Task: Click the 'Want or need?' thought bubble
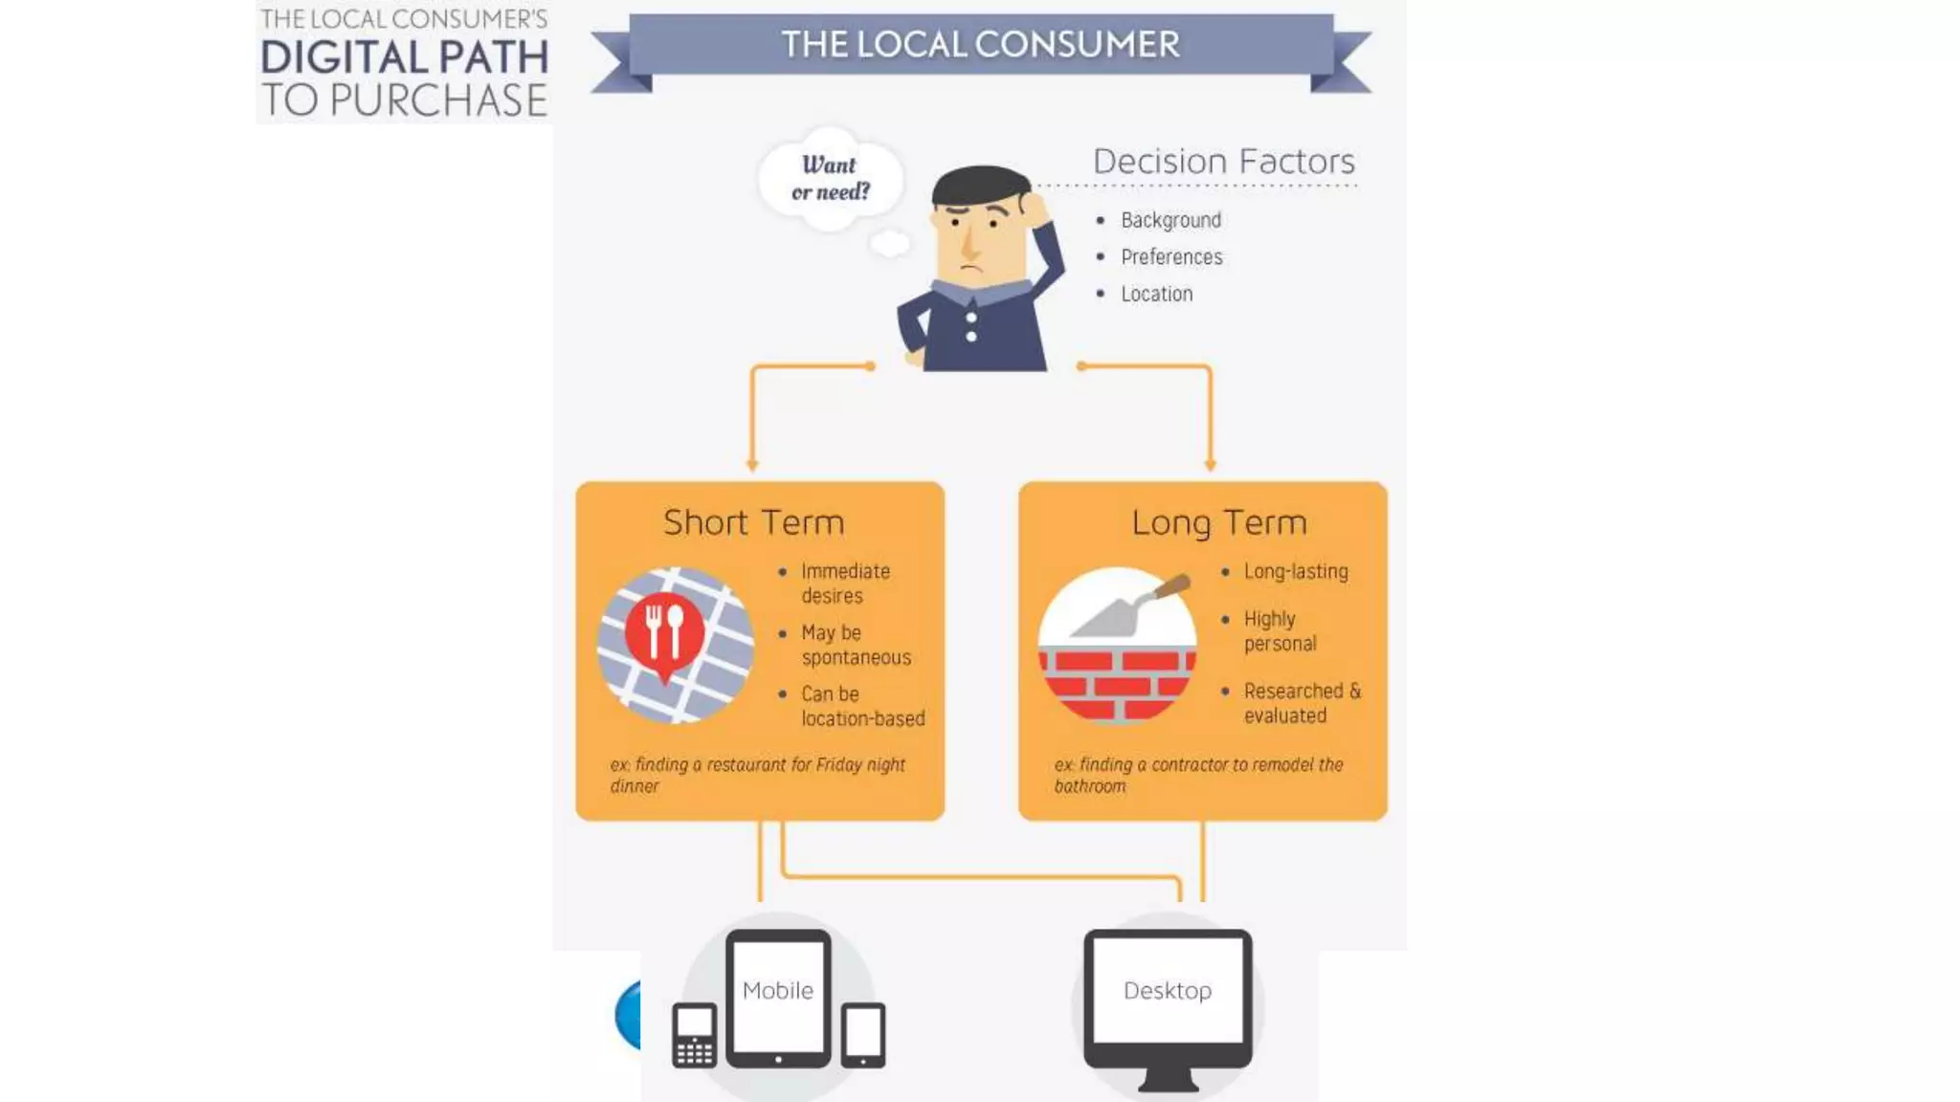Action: [x=830, y=179]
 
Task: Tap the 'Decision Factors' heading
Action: [x=1223, y=161]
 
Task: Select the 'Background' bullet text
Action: [x=1170, y=220]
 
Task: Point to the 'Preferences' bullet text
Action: [x=1171, y=256]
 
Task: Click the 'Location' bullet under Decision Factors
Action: [x=1156, y=294]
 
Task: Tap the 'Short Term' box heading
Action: [x=754, y=522]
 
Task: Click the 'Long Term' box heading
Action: [x=1218, y=522]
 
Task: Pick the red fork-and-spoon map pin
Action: [x=664, y=633]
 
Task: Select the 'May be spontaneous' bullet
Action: [x=856, y=645]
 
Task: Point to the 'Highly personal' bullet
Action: [x=1280, y=631]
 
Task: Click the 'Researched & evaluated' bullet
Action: [x=1301, y=703]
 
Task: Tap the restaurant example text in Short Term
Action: [x=757, y=775]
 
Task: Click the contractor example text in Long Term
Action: [x=1197, y=775]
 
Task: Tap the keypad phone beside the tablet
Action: [x=694, y=1035]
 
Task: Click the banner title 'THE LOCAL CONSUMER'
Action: [x=980, y=44]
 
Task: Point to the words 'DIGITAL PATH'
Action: [x=404, y=57]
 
